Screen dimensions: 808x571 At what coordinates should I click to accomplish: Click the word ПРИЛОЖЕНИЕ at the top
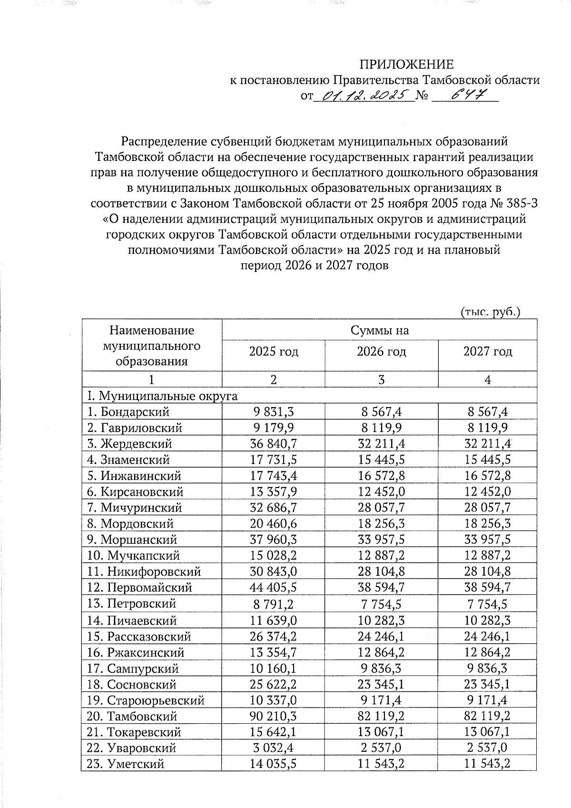coord(406,64)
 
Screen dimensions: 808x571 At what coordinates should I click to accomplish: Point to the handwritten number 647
coord(463,96)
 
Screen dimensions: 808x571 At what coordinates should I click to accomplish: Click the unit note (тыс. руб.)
coord(491,312)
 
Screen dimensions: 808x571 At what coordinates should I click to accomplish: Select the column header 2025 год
coord(274,352)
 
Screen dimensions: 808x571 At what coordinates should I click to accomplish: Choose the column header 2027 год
coord(487,352)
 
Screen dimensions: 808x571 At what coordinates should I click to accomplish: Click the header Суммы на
coord(379,330)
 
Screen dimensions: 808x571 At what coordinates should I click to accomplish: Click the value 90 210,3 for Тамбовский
coord(273,716)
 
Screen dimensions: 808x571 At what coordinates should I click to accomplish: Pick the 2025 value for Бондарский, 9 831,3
coord(273,412)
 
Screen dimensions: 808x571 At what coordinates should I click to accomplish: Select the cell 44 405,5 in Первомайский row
coord(273,588)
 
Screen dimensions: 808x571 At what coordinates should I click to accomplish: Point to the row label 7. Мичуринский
coord(134,508)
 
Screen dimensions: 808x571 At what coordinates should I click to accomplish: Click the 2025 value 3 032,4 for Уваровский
coord(273,748)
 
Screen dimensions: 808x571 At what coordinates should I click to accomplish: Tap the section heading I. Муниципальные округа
coord(161,396)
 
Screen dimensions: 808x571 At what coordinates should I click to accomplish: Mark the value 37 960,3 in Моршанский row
coord(273,539)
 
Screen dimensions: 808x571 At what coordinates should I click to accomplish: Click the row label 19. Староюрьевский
coord(146,700)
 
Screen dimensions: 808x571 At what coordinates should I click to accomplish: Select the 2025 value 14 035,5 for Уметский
coord(273,764)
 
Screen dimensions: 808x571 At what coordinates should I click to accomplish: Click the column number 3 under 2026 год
coord(381,379)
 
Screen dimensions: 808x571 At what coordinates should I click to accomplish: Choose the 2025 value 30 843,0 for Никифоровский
coord(273,571)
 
